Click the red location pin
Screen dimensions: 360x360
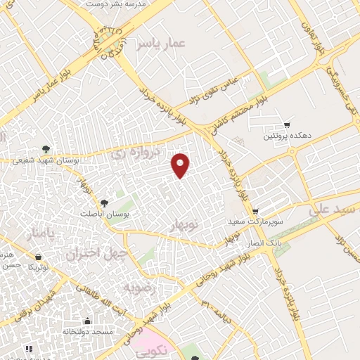(x=181, y=165)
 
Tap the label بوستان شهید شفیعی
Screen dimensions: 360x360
(x=43, y=161)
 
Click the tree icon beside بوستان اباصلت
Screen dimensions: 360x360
(x=105, y=202)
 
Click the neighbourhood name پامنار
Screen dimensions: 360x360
(x=39, y=234)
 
